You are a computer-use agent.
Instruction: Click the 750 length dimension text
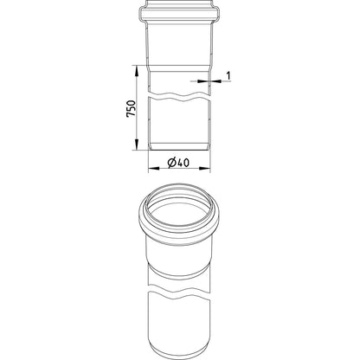pyautogui.click(x=131, y=108)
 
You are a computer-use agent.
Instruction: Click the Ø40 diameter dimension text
pyautogui.click(x=178, y=163)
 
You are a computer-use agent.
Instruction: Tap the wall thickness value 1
pyautogui.click(x=228, y=76)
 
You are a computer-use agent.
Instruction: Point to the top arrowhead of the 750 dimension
pyautogui.click(x=137, y=70)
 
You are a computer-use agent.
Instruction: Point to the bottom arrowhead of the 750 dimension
pyautogui.click(x=137, y=145)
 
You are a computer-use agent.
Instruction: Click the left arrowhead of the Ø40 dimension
pyautogui.click(x=153, y=168)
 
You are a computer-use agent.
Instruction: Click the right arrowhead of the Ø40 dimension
pyautogui.click(x=205, y=168)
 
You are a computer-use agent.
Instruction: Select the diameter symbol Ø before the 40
pyautogui.click(x=171, y=163)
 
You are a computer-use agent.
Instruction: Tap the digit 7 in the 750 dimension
pyautogui.click(x=131, y=115)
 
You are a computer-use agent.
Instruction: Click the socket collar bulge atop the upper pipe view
pyautogui.click(x=179, y=14)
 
